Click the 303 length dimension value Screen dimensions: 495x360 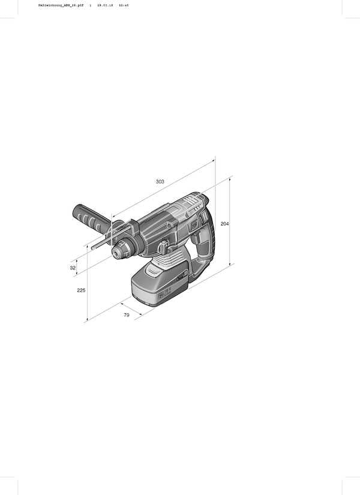pos(160,181)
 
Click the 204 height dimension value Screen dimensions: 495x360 pos(224,224)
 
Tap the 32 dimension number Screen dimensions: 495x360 pos(73,268)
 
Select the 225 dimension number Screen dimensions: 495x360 pos(81,290)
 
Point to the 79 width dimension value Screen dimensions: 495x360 pos(127,314)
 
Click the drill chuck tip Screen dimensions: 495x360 pos(115,254)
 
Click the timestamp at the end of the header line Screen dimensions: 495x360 pos(124,4)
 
